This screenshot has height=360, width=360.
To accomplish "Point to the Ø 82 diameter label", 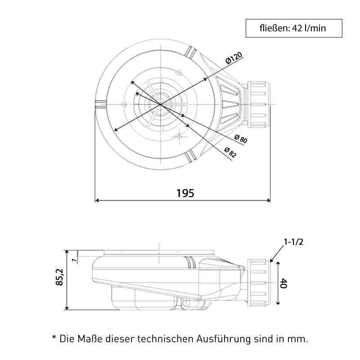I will pos(230,153).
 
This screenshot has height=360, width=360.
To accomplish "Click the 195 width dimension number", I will pos(185,193).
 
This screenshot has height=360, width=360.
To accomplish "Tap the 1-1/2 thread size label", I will pos(293,242).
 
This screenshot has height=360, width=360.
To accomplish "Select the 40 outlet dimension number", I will pos(283,283).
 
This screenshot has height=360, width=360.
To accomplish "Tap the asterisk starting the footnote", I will pos(54,337).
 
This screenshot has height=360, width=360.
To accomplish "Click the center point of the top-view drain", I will pos(161,104).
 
